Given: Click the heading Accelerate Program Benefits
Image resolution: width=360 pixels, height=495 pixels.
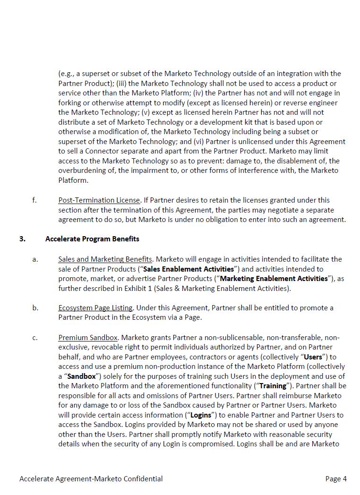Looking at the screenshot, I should point(92,239).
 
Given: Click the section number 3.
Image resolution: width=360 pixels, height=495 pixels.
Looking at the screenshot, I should point(22,239).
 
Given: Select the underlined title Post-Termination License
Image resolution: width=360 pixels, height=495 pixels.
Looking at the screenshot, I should point(99,200).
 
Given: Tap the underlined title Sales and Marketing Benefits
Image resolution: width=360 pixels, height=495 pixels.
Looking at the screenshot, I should point(105,259).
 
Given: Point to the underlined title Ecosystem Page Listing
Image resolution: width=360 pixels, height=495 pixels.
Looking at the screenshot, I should point(95,308).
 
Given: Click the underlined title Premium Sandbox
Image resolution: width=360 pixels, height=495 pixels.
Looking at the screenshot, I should point(87,338).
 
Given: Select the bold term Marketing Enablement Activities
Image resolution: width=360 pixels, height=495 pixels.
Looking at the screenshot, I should point(274,279).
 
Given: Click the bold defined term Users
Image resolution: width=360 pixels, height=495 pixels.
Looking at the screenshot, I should point(313,357).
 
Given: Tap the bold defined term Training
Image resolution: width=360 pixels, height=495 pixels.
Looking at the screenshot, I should point(273,386).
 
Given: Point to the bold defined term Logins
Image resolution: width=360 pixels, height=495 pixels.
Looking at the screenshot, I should point(200,415).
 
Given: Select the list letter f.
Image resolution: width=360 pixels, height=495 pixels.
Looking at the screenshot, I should point(34,200).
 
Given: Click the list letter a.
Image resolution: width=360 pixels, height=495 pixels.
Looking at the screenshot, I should point(35,259).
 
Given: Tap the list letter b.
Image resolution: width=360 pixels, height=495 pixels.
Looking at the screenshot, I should point(35,308).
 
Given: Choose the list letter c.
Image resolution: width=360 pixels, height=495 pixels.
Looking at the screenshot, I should point(35,338).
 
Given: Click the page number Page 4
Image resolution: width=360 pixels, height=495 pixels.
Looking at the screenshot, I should point(336,479).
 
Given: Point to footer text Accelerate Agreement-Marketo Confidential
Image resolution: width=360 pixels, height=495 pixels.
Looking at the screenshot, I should point(91,479).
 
